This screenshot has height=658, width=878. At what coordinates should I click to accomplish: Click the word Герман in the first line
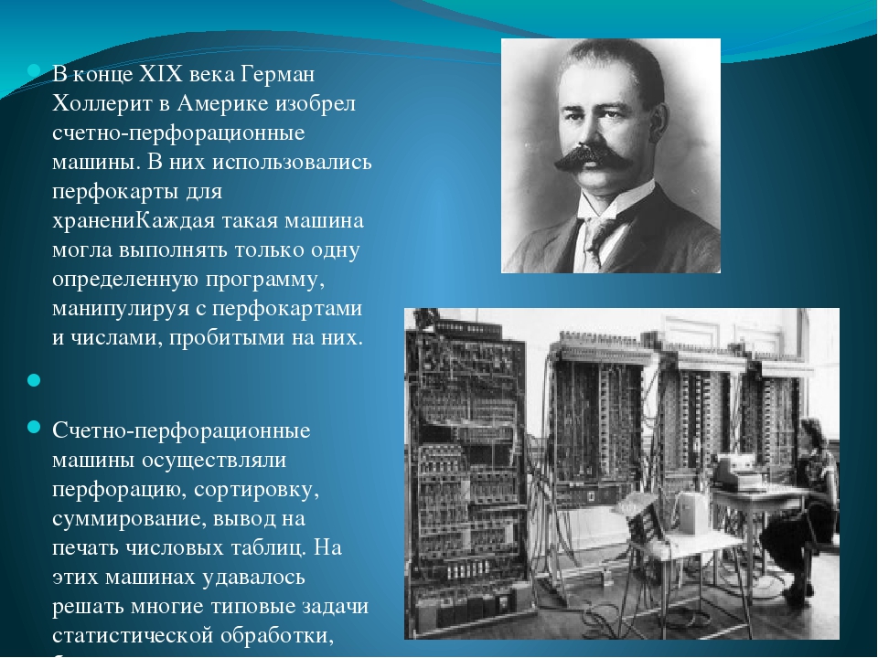278,75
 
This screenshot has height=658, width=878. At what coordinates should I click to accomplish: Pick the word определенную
125,280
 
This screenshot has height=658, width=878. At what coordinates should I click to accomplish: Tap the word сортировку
256,490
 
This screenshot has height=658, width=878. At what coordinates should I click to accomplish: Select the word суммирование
129,519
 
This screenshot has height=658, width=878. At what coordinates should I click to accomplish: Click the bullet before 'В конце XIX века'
34,71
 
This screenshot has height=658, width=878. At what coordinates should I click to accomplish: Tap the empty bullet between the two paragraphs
34,380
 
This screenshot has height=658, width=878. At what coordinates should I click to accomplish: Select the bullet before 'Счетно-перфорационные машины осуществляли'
34,428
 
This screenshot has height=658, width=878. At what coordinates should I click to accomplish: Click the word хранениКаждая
134,220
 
